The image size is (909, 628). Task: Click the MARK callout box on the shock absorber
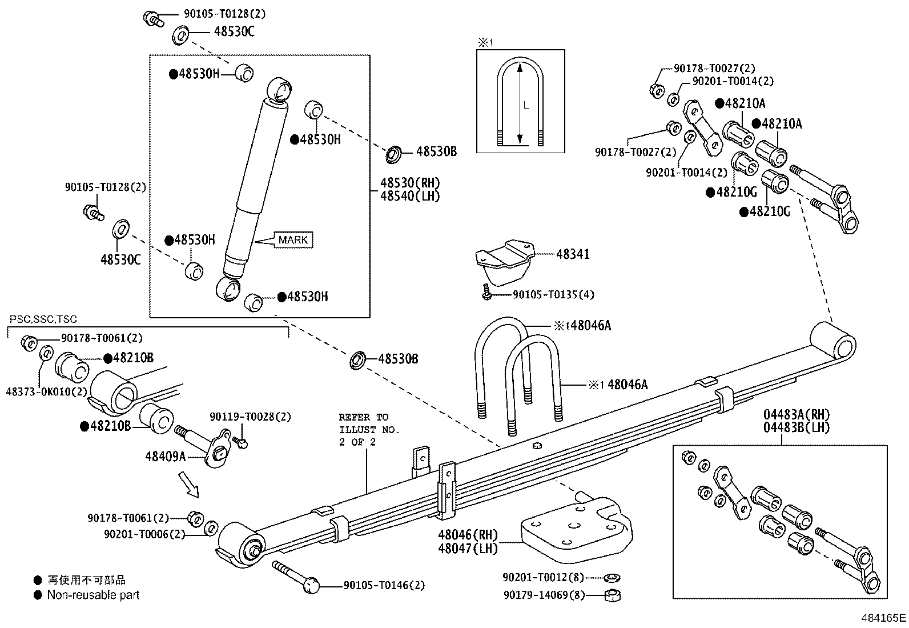293,240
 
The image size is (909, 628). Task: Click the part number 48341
573,254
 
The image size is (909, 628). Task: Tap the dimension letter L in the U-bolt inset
526,105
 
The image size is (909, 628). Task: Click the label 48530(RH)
411,183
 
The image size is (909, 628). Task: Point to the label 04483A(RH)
797,415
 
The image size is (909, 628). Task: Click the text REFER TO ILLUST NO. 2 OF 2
369,429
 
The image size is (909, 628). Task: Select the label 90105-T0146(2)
384,585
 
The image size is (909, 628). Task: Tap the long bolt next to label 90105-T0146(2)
294,575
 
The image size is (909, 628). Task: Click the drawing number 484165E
883,618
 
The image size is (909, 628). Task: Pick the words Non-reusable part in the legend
93,595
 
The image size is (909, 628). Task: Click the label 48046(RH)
468,535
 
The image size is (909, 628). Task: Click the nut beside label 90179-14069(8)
612,595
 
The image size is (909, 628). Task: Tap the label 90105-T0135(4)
553,295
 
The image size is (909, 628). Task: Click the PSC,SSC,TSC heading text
43,319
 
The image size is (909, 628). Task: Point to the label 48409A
165,456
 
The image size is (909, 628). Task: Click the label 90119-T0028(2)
250,417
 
